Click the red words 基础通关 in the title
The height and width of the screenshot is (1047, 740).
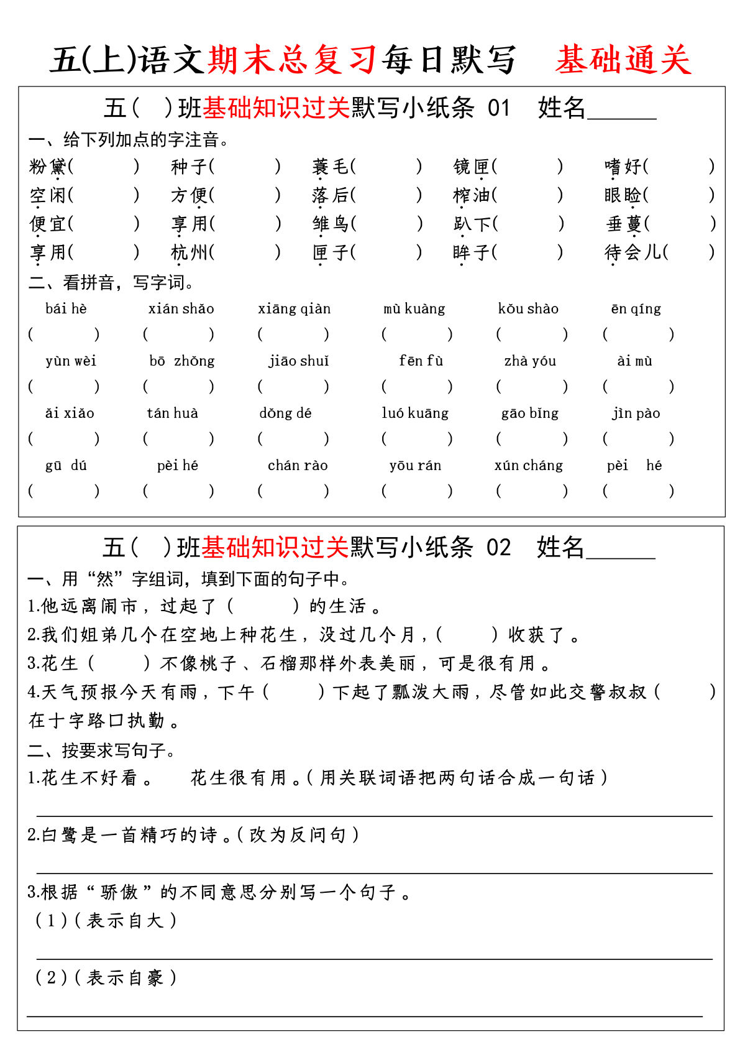[x=623, y=60]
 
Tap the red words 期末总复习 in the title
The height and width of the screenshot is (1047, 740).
[x=292, y=60]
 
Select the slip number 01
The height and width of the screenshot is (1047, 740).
[x=498, y=109]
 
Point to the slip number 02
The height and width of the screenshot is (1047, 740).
[x=498, y=548]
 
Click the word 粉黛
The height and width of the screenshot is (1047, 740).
[x=47, y=167]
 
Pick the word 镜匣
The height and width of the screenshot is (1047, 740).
[x=472, y=167]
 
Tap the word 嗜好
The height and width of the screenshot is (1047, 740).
[x=623, y=167]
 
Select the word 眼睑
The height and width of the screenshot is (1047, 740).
[x=623, y=195]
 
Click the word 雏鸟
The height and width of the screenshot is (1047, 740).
[x=331, y=224]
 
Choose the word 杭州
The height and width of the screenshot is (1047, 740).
[x=189, y=252]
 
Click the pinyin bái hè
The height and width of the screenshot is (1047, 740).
[x=66, y=309]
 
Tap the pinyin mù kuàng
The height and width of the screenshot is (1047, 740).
[x=414, y=309]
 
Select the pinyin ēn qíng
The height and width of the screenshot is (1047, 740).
[x=636, y=309]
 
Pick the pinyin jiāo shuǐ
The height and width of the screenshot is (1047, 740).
[x=298, y=361]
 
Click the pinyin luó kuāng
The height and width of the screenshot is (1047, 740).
[x=415, y=413]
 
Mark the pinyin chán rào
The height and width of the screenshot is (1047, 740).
[x=298, y=466]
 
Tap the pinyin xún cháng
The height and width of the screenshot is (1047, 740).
[x=529, y=466]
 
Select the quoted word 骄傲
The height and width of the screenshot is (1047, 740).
[x=119, y=892]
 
